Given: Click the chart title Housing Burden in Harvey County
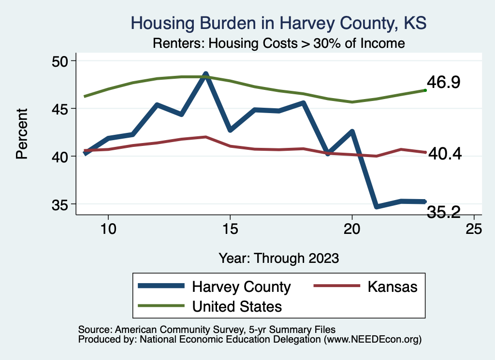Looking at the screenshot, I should tap(279, 24).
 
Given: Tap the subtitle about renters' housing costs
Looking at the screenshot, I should tap(278, 43).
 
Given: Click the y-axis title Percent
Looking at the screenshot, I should tap(22, 133).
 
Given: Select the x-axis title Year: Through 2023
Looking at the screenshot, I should tap(278, 258).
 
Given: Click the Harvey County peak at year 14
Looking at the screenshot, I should tap(205, 75).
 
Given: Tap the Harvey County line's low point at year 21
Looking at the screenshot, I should tap(377, 206).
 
